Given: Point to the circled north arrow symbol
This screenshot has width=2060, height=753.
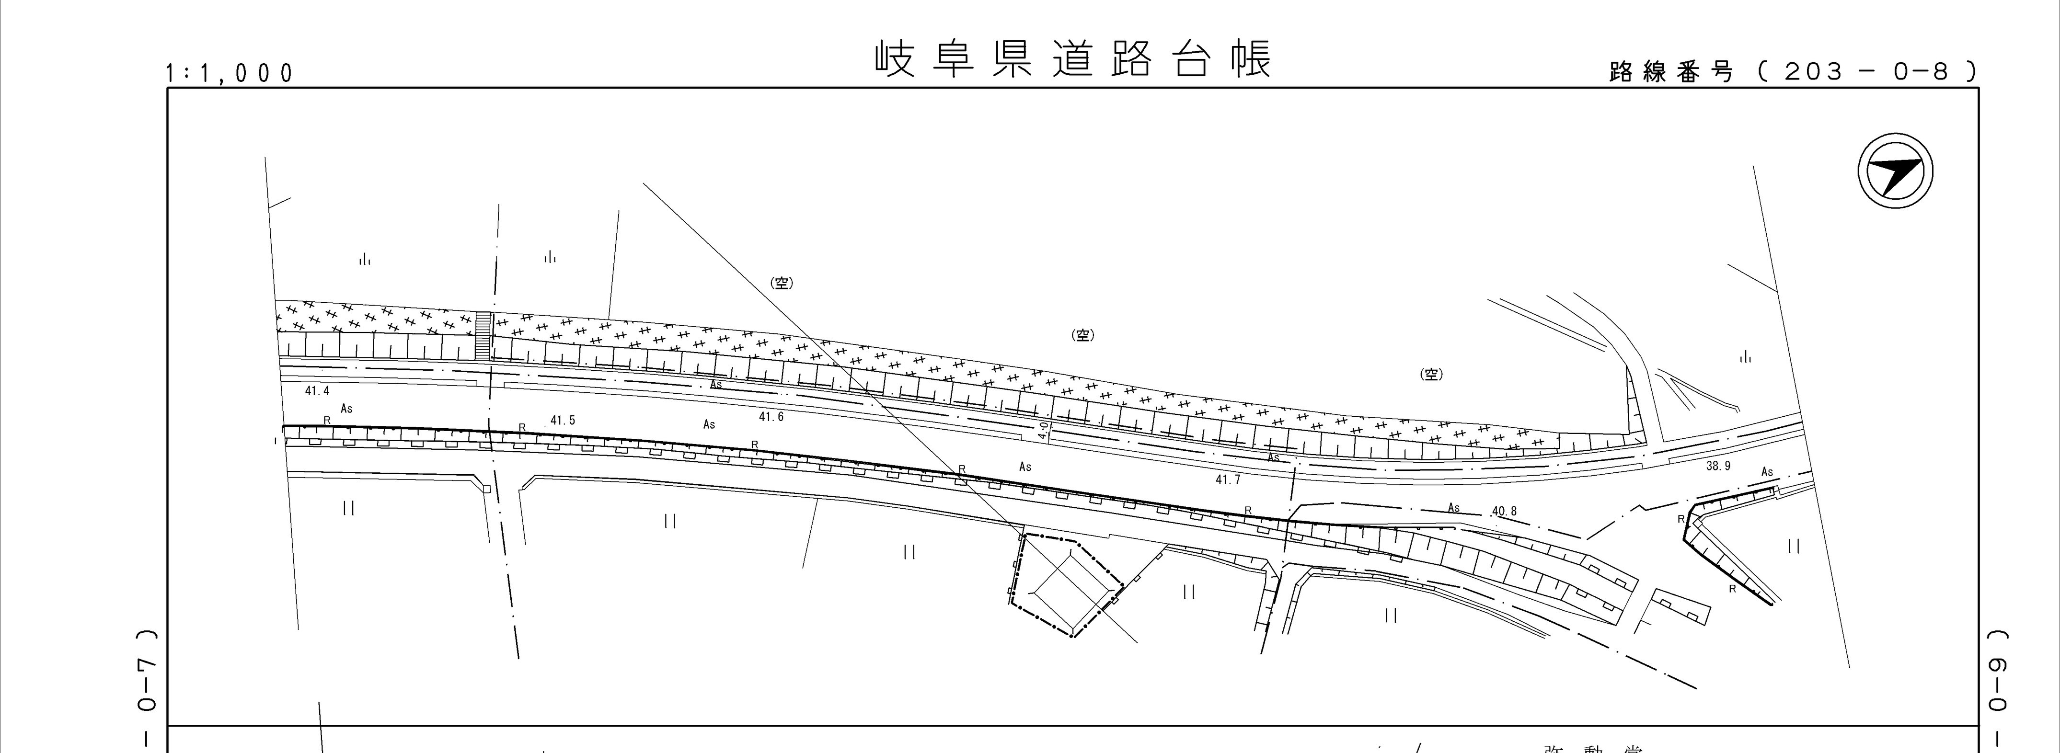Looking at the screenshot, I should (x=1895, y=172).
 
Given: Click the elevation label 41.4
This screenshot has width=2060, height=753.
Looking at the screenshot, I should (x=317, y=391).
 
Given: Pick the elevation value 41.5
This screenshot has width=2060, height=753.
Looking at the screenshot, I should (x=562, y=421).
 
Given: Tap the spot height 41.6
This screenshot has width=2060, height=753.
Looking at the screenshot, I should (x=771, y=416).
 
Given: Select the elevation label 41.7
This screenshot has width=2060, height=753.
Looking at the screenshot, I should (x=1228, y=479).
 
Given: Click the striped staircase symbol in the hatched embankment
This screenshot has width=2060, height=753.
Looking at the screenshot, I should (x=483, y=336).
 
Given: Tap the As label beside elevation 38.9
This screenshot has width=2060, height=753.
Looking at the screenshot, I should (x=1767, y=472).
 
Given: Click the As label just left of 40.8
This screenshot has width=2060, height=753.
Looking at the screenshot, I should (x=1454, y=508).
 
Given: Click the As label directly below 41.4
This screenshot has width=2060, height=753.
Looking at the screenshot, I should (x=346, y=409).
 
